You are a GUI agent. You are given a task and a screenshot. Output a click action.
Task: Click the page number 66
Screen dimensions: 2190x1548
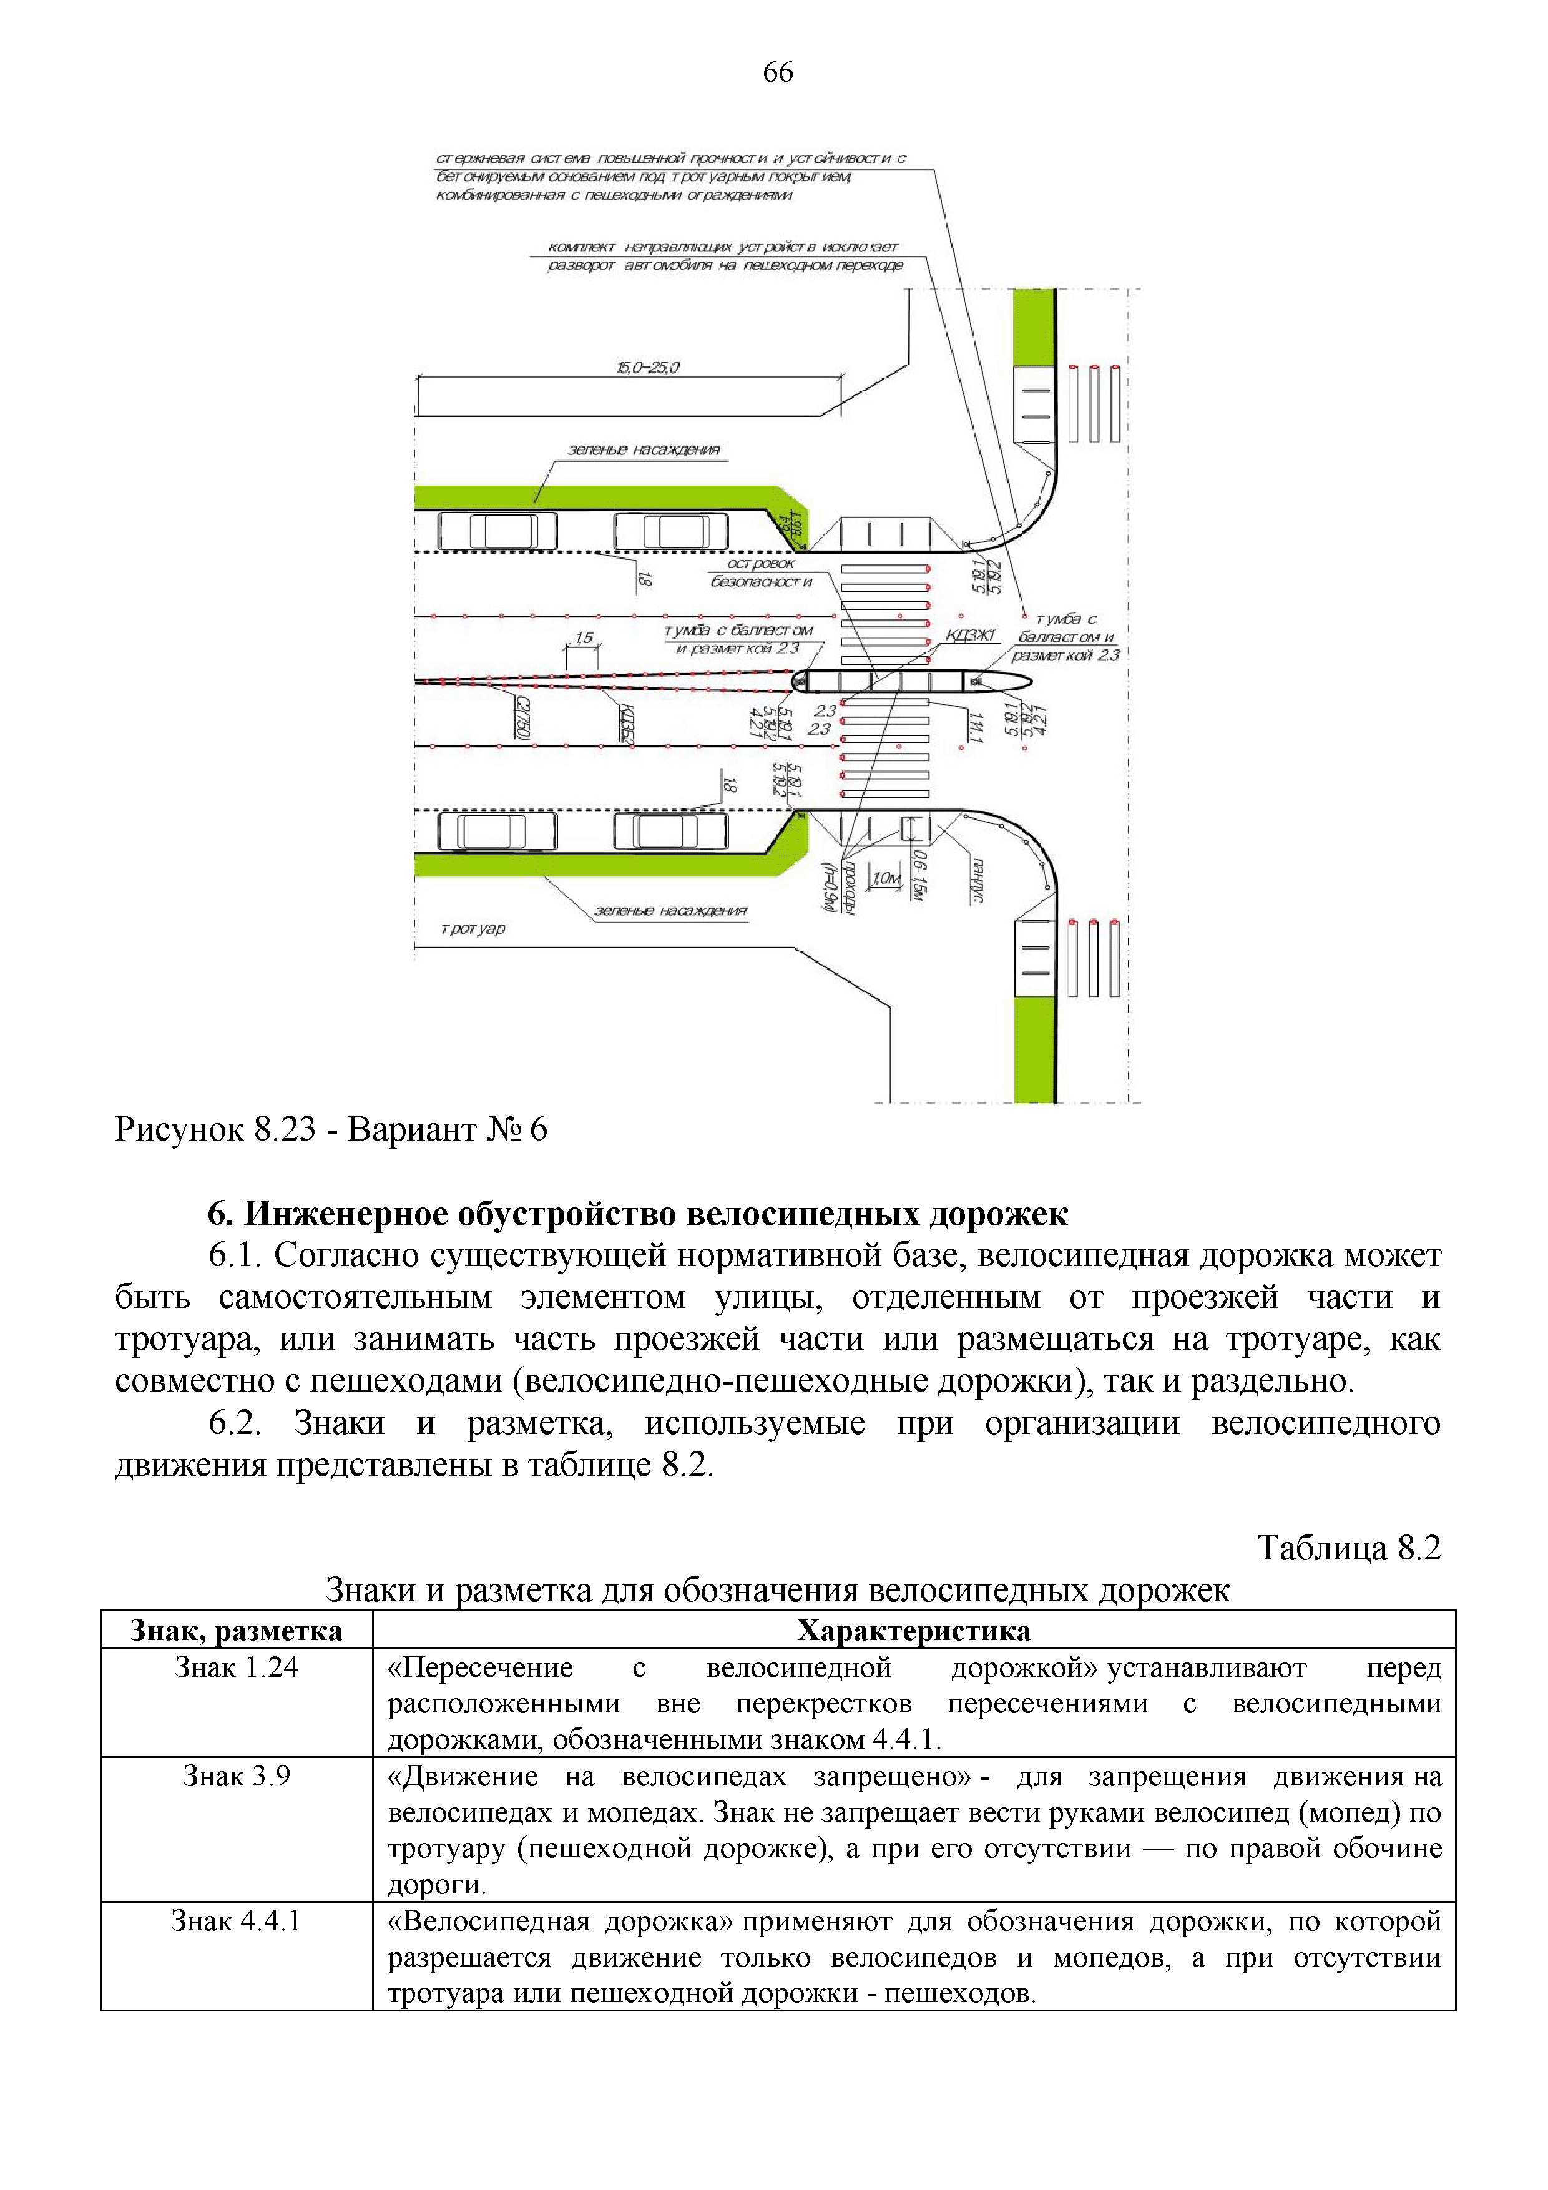point(777,72)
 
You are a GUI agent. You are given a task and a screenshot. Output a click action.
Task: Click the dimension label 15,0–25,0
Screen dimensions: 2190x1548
point(649,367)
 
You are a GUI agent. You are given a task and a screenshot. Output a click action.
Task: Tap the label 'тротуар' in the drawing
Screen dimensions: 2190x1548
point(473,928)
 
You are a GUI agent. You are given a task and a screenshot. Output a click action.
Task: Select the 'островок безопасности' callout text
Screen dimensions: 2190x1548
point(761,572)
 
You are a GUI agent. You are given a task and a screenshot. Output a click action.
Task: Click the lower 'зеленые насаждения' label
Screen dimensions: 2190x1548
point(670,911)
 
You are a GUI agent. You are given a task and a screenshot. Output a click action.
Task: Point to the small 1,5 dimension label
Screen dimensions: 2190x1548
point(584,638)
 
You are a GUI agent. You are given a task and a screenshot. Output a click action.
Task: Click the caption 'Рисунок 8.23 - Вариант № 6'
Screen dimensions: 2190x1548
point(331,1129)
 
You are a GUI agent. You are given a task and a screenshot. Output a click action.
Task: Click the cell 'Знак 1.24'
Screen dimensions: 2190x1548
point(237,1667)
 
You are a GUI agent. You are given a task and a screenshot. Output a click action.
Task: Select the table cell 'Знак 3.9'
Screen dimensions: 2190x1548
point(237,1776)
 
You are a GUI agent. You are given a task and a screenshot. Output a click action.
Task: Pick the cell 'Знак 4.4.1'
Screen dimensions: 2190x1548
point(237,1921)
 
